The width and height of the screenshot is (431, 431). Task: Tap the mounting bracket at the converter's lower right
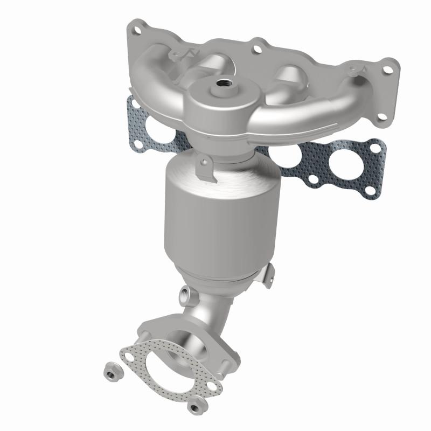coord(267,274)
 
